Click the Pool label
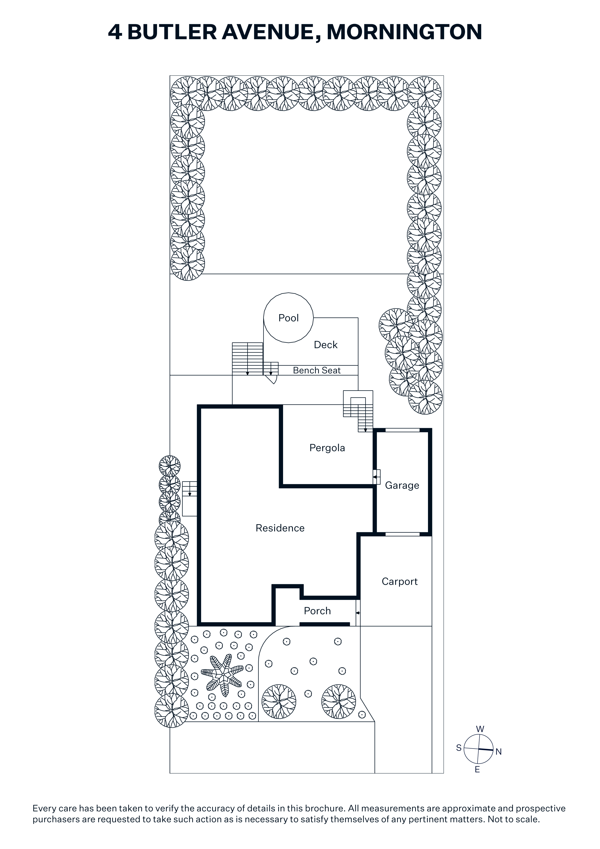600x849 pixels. click(288, 318)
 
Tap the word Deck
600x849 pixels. click(326, 345)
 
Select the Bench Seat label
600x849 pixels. click(317, 371)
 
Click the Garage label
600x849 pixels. click(402, 485)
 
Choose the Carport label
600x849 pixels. click(400, 582)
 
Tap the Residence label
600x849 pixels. click(280, 528)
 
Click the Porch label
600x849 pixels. click(317, 611)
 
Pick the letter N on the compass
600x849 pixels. click(499, 752)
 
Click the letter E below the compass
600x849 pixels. click(477, 770)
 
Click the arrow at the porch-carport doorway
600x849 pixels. click(358, 613)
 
